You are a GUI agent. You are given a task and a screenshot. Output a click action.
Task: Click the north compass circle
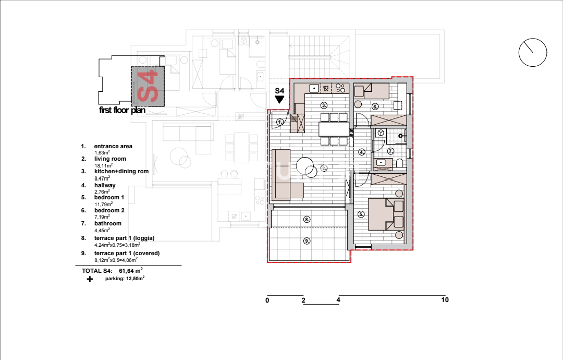(x=532, y=39)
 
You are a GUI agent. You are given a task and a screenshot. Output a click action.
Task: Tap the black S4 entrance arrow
(x=279, y=100)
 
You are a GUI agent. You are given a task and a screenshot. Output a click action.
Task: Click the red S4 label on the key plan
(x=148, y=86)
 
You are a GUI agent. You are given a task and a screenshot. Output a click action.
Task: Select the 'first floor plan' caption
(x=122, y=110)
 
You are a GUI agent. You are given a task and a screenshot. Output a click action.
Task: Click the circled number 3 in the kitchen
(x=324, y=105)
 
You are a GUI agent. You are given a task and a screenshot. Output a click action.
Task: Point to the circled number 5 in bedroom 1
(x=361, y=214)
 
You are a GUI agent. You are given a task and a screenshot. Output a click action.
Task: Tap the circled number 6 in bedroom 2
(x=375, y=107)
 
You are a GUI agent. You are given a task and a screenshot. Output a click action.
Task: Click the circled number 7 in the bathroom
(x=390, y=151)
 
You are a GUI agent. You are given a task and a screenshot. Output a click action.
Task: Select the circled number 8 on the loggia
(x=307, y=219)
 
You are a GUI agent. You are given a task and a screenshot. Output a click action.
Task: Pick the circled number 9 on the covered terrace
(x=307, y=241)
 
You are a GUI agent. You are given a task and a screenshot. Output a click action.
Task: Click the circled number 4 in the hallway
(x=362, y=152)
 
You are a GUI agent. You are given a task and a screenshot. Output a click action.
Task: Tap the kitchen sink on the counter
(x=314, y=88)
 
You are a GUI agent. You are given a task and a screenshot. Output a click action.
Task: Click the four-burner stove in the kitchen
(x=340, y=88)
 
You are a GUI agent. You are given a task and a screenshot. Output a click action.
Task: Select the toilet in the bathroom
(x=400, y=164)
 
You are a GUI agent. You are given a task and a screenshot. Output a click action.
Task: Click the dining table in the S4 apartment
(x=334, y=129)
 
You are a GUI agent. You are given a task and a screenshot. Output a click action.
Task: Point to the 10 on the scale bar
(x=445, y=300)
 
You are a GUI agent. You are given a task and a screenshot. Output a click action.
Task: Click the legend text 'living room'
(x=110, y=159)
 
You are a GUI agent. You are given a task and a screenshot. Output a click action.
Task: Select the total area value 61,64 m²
(x=131, y=271)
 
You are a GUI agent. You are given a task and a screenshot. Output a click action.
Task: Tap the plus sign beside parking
(x=90, y=279)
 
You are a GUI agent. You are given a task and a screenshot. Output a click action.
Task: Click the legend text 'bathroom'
(x=108, y=223)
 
